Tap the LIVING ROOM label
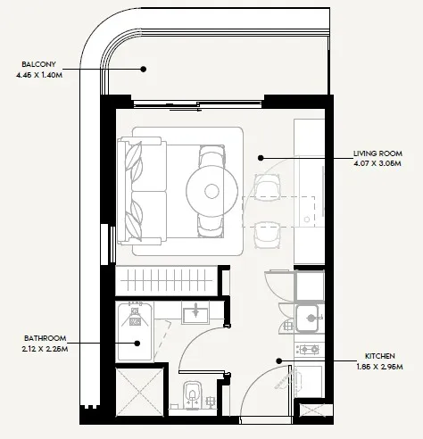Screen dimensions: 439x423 click(x=376, y=153)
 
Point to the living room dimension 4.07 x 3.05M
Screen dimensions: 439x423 click(x=376, y=164)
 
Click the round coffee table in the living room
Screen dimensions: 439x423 click(x=212, y=190)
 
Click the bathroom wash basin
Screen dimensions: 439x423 click(x=195, y=314)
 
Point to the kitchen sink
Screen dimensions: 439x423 click(x=308, y=316)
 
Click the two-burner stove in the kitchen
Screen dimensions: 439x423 click(x=308, y=349)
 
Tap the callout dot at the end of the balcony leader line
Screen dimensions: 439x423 click(x=144, y=70)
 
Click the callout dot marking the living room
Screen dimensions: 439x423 click(x=261, y=159)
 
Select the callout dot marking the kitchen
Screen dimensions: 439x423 click(x=279, y=360)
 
